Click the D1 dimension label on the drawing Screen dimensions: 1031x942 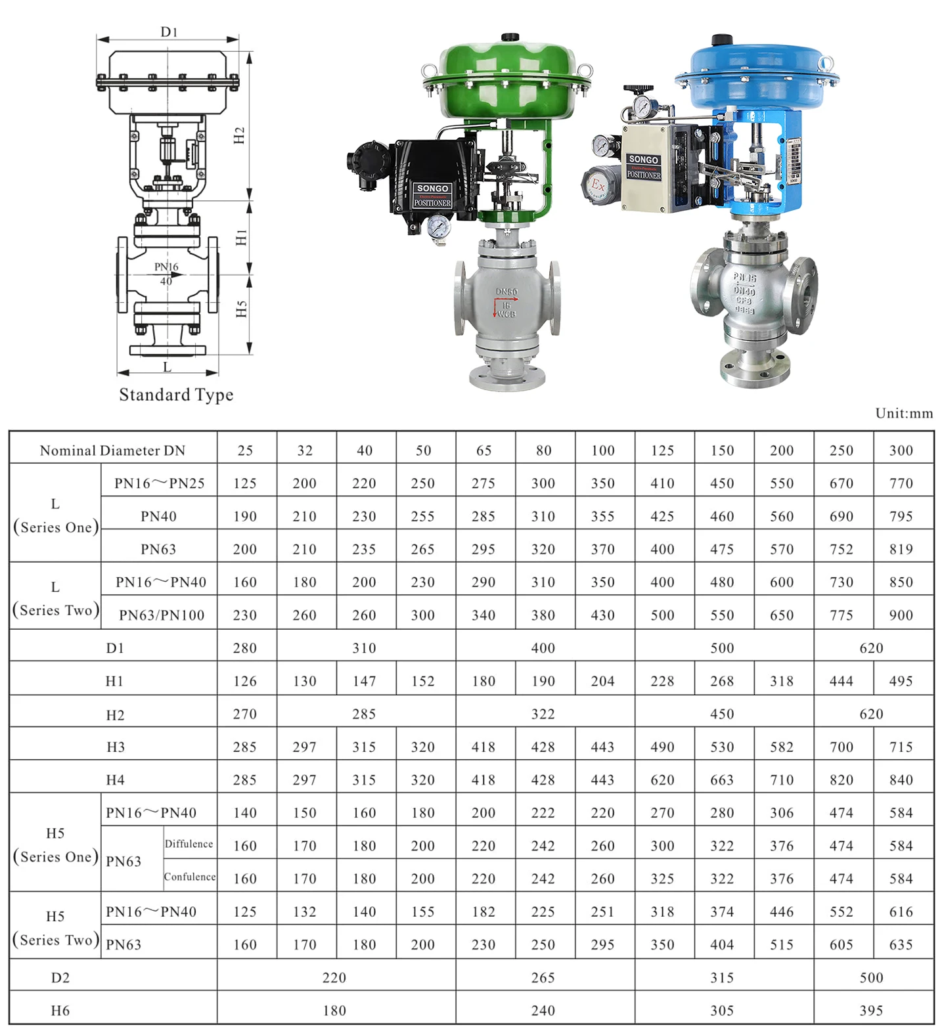click(x=169, y=32)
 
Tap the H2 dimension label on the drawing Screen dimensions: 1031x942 click(x=240, y=135)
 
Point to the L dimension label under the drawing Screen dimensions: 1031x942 click(x=167, y=367)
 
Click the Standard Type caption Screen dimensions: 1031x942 click(x=176, y=395)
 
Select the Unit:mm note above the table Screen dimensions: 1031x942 click(x=904, y=413)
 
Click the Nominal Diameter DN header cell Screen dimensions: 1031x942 click(x=113, y=450)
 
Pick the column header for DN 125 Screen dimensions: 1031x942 click(x=662, y=450)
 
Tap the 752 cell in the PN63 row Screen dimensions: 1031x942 click(x=841, y=549)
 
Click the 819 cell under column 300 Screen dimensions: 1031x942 click(x=901, y=549)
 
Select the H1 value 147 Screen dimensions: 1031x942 click(x=364, y=681)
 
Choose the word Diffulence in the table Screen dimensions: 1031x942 click(x=189, y=844)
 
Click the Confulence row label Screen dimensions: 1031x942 click(x=190, y=877)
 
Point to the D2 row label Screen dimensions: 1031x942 click(x=60, y=978)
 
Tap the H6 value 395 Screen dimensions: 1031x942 click(x=871, y=1011)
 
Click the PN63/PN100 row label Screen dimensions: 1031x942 click(x=162, y=615)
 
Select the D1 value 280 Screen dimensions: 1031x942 click(x=245, y=648)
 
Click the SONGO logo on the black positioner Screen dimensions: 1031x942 click(x=432, y=188)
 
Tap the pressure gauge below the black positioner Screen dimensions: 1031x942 click(x=438, y=227)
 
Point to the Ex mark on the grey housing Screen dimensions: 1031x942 click(x=598, y=185)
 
